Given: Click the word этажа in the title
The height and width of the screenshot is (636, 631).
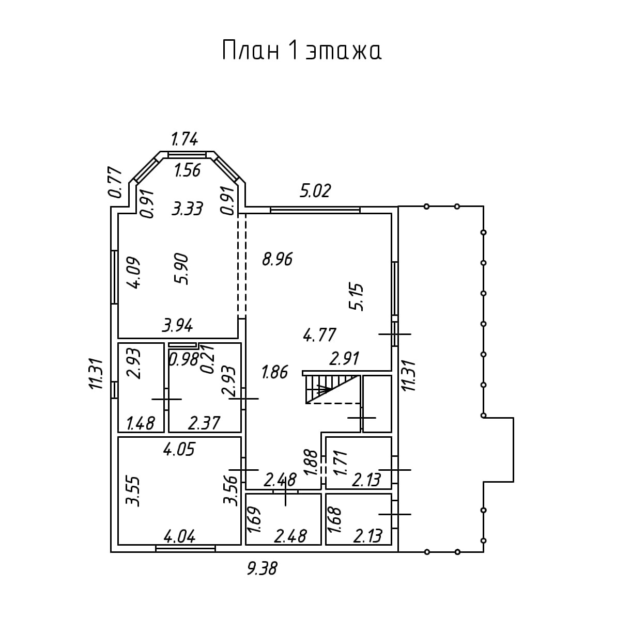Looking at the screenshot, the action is [x=343, y=52].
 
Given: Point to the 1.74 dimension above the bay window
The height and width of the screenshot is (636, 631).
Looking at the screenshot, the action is [x=184, y=139].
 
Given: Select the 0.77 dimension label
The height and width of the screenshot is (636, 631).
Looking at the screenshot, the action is [x=115, y=182].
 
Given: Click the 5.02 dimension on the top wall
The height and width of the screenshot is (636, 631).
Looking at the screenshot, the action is [x=315, y=190].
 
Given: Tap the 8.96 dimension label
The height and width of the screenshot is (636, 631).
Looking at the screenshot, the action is [x=277, y=259].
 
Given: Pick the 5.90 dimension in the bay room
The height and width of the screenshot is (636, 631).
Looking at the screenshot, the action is [x=182, y=269].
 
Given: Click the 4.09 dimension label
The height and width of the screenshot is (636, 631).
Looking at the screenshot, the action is [x=134, y=273].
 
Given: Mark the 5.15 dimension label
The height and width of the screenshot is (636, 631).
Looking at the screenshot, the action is [x=356, y=296].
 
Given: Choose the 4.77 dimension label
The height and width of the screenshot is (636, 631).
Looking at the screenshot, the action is [x=320, y=335].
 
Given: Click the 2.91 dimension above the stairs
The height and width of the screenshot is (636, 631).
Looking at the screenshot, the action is [x=344, y=358].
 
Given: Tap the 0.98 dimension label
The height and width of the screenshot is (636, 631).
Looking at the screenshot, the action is [x=184, y=359].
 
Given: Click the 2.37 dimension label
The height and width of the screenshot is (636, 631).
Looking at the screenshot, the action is [x=204, y=423].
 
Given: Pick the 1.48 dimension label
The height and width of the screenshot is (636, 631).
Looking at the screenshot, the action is [x=141, y=423].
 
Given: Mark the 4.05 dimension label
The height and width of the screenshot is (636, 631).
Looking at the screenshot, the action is [x=179, y=450].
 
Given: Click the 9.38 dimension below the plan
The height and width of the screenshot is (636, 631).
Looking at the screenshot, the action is [x=262, y=568].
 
